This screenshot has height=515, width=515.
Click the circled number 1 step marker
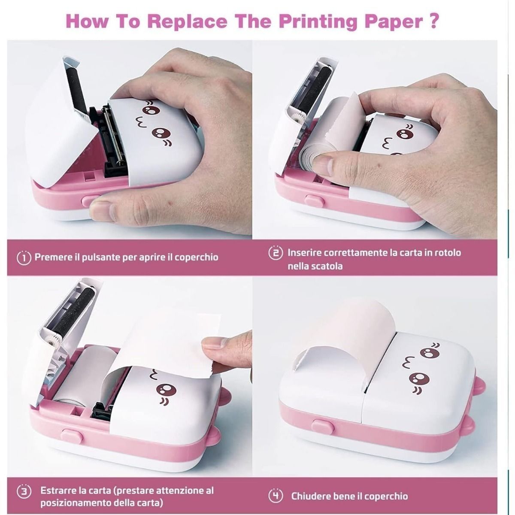click(24, 257)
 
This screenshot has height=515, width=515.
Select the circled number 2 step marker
click(276, 253)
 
